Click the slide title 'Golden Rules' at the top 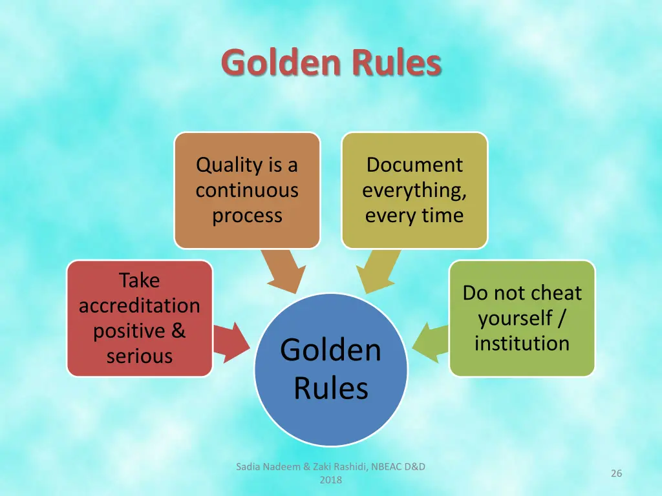[331, 63]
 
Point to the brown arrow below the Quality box [284, 271]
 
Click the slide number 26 [616, 473]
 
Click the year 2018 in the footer [331, 480]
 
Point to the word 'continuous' [247, 191]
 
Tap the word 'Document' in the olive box [414, 165]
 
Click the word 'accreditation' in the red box [140, 305]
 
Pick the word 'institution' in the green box [522, 343]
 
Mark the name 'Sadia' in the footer [248, 467]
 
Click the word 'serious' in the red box [140, 356]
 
